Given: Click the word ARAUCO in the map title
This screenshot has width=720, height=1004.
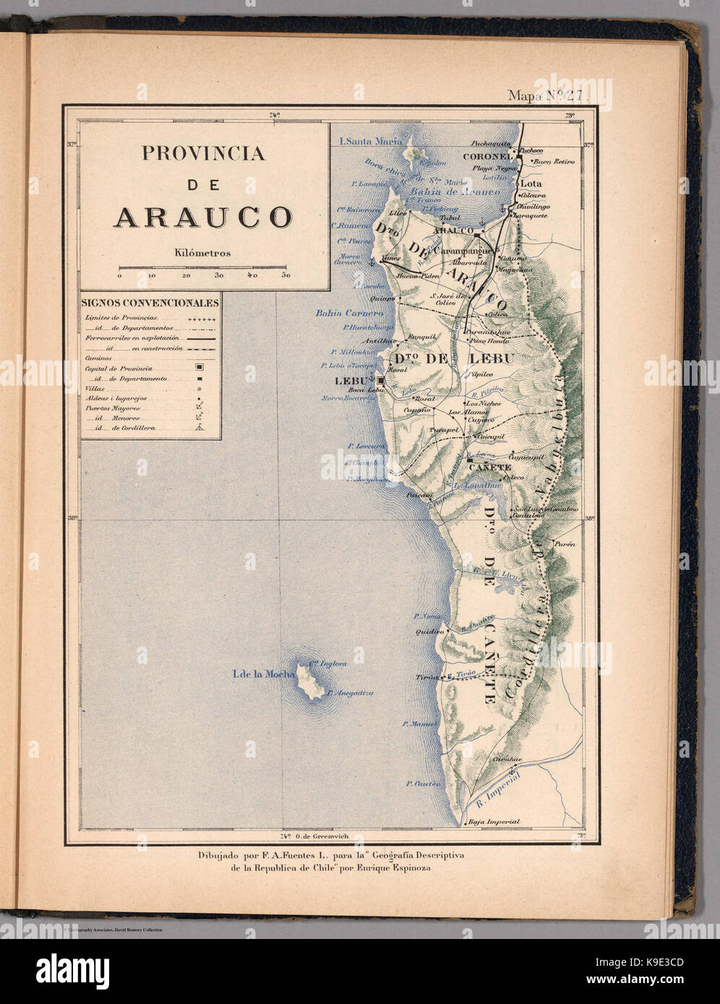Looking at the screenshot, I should tap(202, 217).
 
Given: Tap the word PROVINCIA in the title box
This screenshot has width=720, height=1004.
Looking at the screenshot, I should tap(203, 153).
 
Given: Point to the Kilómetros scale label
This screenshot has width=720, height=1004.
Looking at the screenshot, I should tap(202, 253).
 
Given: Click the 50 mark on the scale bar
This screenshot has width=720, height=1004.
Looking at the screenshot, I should tap(286, 275).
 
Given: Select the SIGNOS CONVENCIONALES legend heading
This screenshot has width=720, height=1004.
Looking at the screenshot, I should tap(150, 303).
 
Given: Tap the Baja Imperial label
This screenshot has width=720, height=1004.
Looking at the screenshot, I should tap(494, 821).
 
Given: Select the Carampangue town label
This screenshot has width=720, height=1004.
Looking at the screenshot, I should tap(463, 250).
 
